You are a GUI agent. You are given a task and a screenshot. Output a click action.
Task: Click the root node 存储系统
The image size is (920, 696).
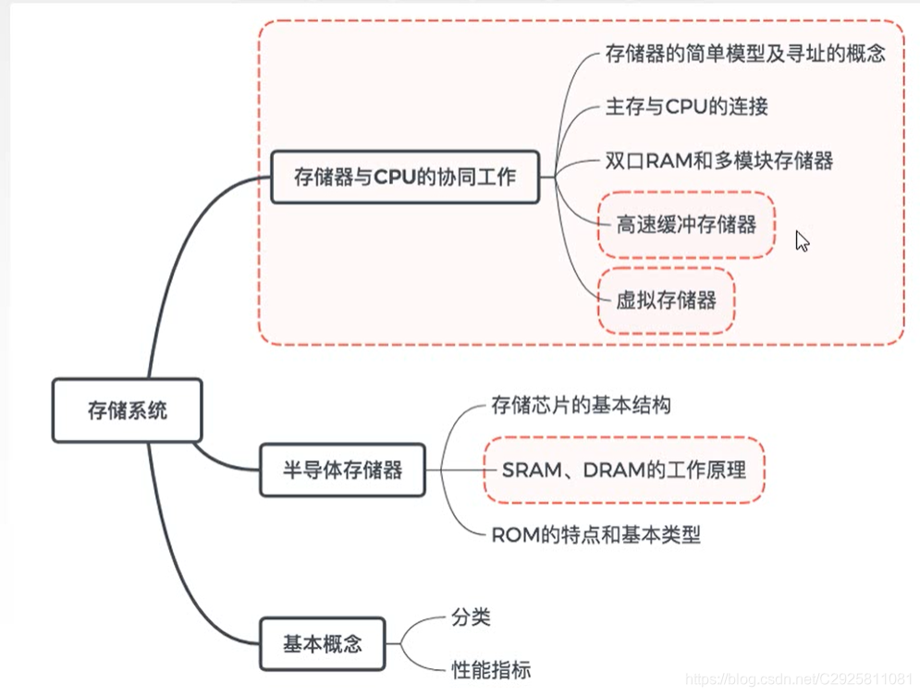128,410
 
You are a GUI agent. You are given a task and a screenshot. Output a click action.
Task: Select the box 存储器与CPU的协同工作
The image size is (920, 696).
404,177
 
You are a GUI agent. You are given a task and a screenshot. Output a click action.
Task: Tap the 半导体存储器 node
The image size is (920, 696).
342,470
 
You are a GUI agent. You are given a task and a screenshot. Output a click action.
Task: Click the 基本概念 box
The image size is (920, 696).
323,644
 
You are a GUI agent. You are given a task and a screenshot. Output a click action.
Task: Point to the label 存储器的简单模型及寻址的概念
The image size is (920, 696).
745,54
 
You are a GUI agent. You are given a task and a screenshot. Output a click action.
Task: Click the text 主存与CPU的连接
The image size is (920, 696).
686,106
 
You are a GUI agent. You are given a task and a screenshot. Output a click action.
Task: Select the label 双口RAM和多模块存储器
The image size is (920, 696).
719,161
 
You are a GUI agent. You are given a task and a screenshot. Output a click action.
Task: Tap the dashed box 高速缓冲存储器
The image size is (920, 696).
686,225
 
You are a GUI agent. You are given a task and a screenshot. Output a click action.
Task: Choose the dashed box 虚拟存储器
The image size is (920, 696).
666,300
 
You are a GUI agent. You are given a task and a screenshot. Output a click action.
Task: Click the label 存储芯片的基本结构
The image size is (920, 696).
581,405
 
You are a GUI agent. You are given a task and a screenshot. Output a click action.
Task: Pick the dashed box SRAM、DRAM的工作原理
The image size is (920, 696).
624,470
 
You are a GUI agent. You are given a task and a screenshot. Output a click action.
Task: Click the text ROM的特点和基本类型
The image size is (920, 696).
595,534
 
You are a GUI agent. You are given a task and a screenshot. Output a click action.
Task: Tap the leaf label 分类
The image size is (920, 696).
471,617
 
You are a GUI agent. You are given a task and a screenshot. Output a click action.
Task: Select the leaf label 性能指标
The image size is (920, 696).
491,669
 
